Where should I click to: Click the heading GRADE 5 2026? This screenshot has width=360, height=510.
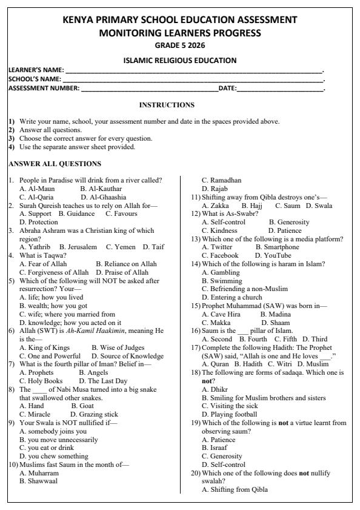tap(180, 45)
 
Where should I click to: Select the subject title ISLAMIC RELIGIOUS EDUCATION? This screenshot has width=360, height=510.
tap(180, 60)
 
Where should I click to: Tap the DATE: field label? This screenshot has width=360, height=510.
tap(227, 89)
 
